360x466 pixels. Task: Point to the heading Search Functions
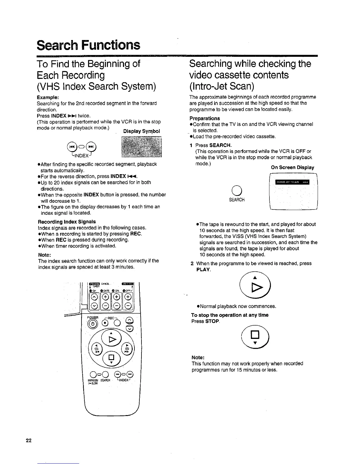click(88, 45)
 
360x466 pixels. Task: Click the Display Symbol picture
click(142, 147)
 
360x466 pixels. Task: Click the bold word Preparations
click(204, 118)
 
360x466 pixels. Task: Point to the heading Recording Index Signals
click(67, 222)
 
